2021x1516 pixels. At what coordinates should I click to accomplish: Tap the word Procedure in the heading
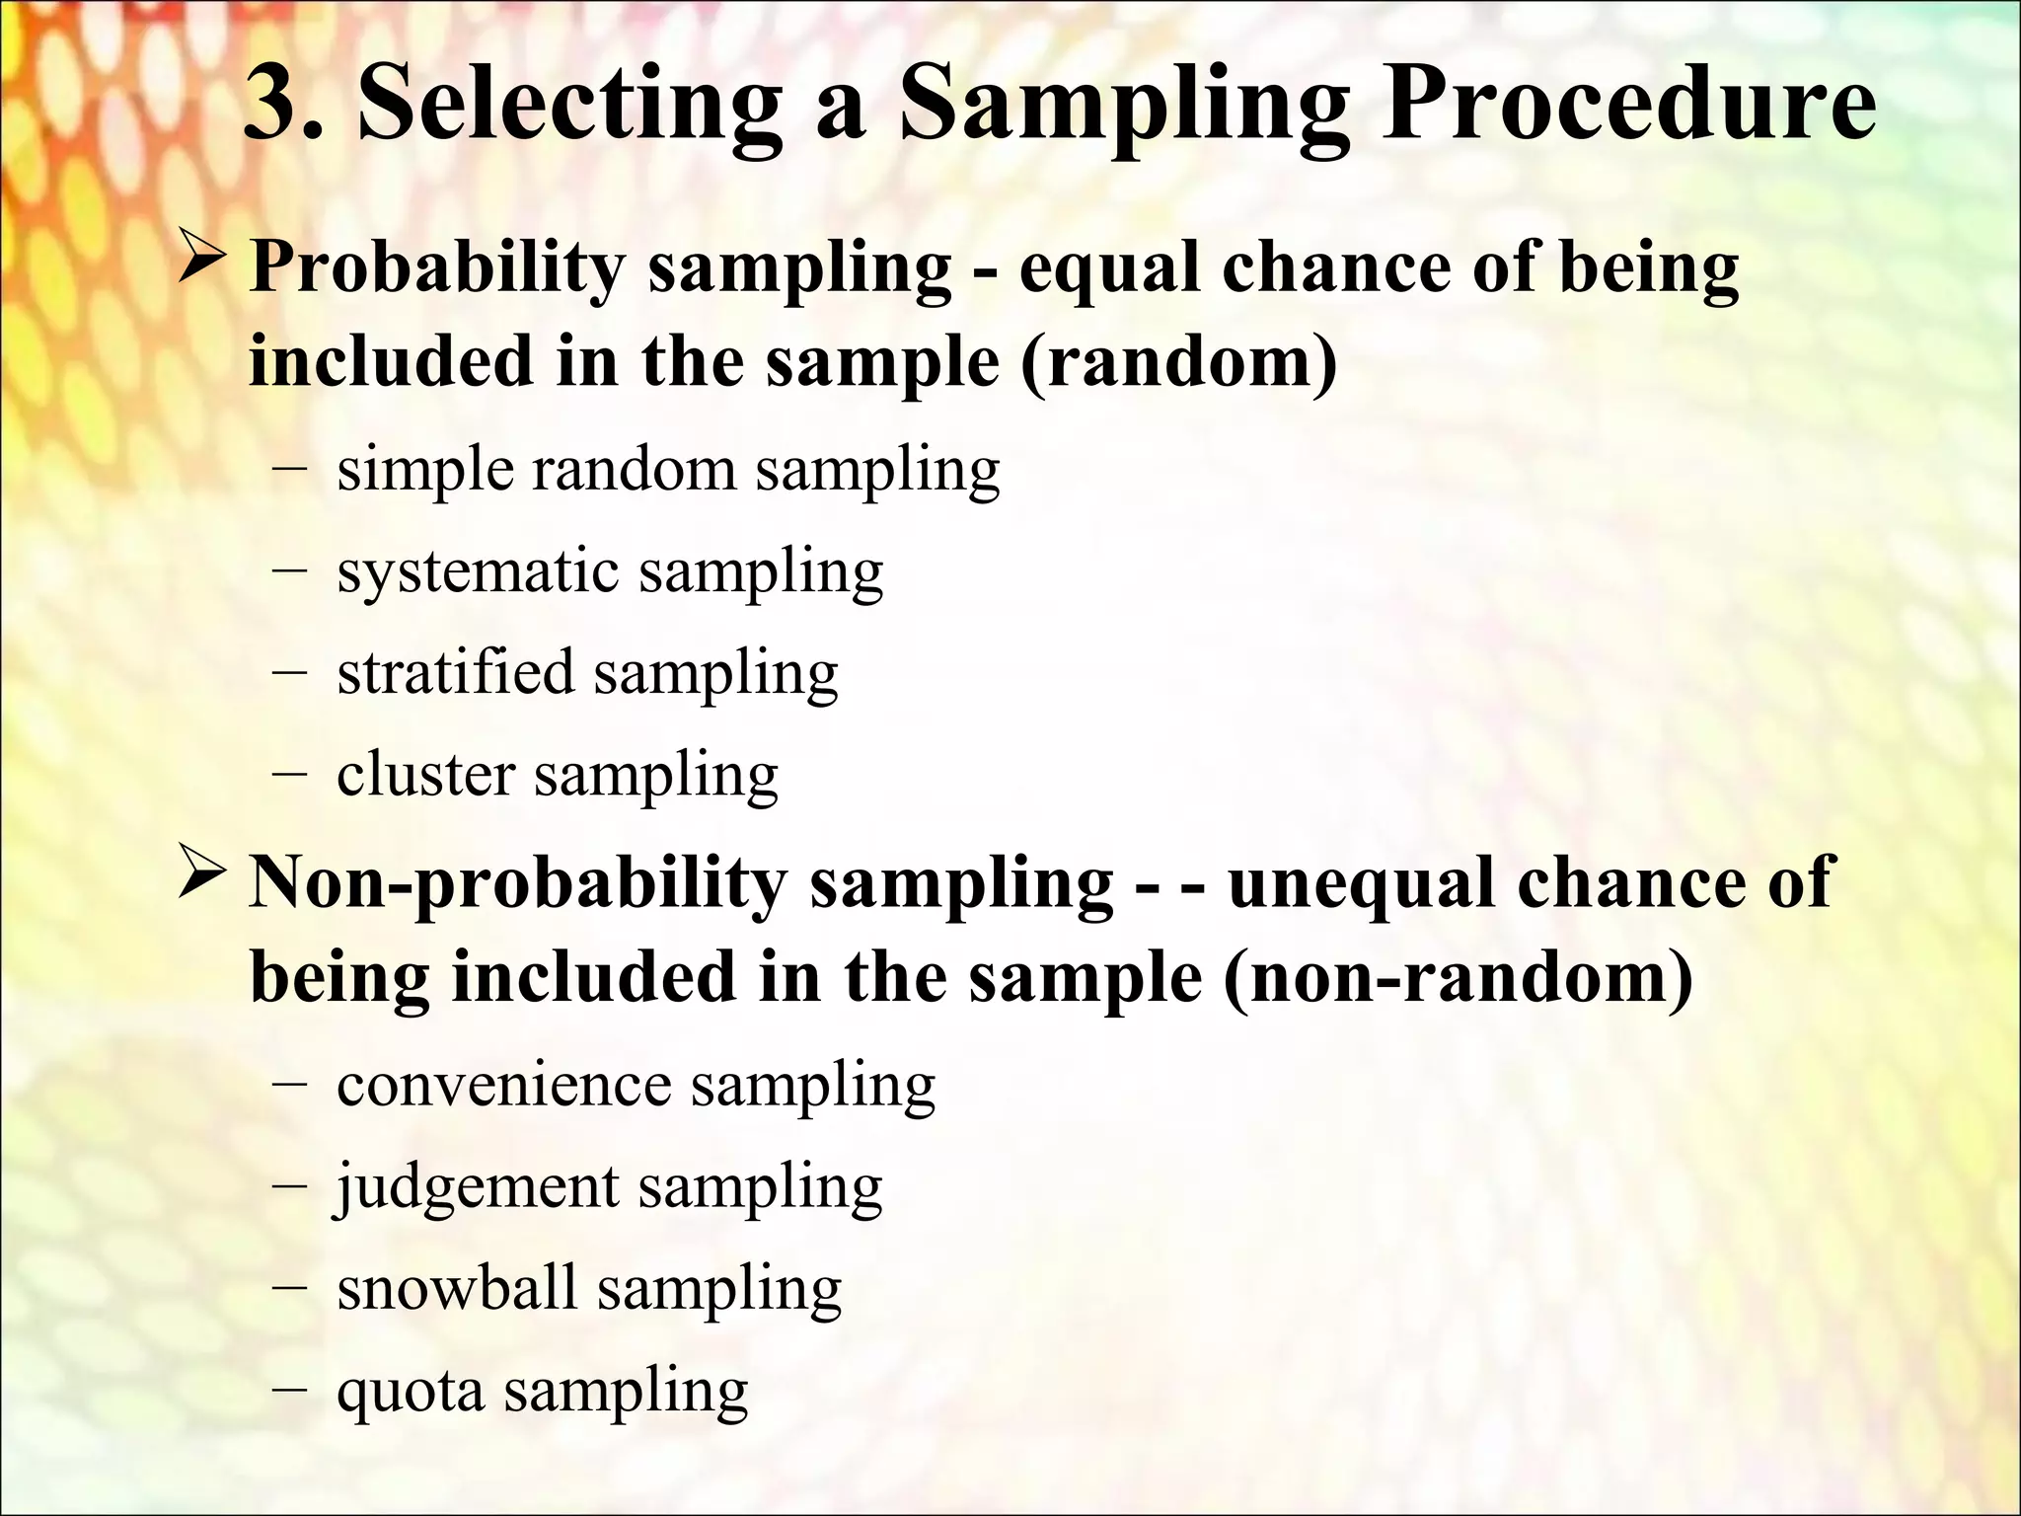coord(1628,105)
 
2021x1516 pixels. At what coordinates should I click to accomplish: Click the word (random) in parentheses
coord(1179,361)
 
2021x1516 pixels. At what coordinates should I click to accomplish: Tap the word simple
coord(425,470)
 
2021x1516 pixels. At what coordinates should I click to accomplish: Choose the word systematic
coord(478,571)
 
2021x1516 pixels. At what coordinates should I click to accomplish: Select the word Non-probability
coord(518,883)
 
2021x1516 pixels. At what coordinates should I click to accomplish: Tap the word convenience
coord(504,1085)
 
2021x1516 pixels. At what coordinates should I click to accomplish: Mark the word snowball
coord(457,1288)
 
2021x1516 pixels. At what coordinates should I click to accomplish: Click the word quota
coord(411,1392)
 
